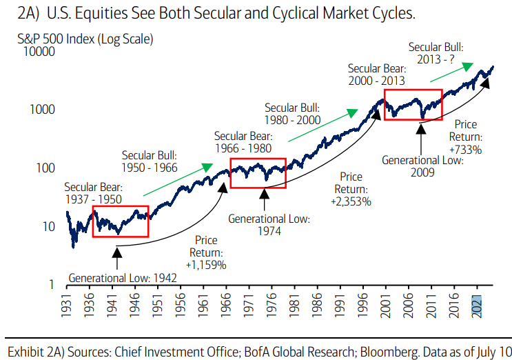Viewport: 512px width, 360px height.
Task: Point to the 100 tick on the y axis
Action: click(46, 168)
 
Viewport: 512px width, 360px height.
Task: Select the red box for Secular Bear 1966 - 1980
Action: click(258, 172)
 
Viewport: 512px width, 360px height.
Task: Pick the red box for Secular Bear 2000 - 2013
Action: click(413, 105)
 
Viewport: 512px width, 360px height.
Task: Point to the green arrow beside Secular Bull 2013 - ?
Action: click(458, 67)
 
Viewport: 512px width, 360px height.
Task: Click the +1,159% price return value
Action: click(206, 263)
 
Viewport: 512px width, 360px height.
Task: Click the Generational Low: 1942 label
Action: click(123, 278)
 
